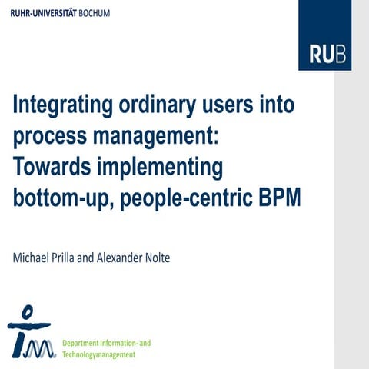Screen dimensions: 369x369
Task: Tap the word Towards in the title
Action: [x=53, y=166]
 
